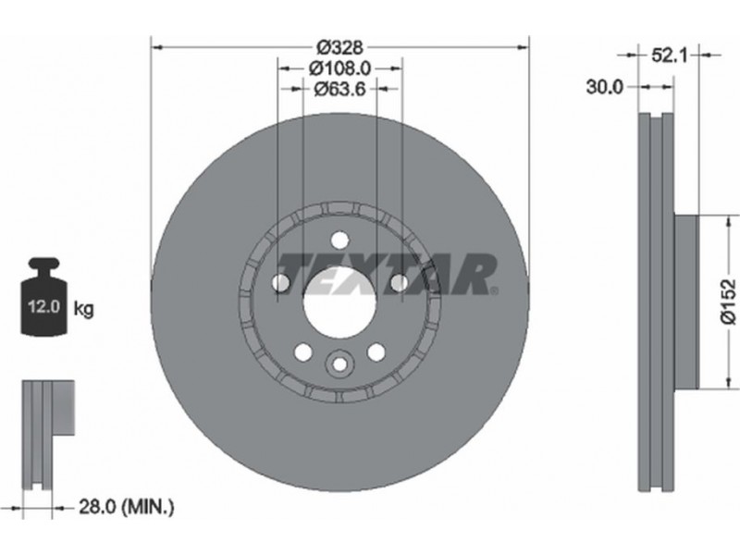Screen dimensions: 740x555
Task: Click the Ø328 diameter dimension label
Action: tap(339, 48)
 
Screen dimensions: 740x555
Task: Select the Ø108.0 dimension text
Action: tap(340, 68)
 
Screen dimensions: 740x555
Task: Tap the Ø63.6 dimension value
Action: tap(339, 88)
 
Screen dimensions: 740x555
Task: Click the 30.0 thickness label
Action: tap(605, 87)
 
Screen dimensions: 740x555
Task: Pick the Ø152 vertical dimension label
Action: tap(729, 302)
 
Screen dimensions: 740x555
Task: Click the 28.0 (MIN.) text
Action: tap(127, 507)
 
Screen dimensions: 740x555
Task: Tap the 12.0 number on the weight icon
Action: tap(43, 307)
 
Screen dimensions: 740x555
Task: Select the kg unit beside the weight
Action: tap(84, 309)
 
